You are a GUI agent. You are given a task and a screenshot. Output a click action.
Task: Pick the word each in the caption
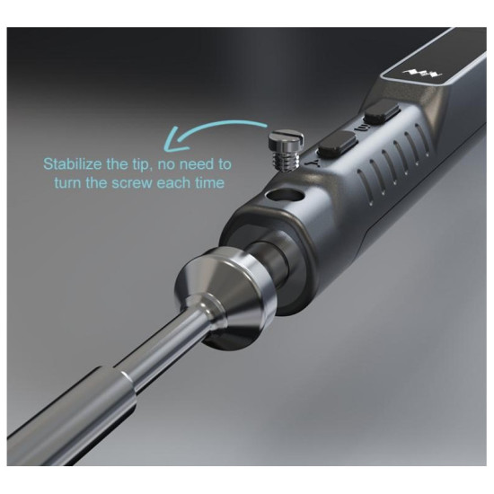(x=173, y=182)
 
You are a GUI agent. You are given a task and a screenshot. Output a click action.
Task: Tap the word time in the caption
(x=209, y=182)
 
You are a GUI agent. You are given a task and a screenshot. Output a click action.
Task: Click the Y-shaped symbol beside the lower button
(x=310, y=163)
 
